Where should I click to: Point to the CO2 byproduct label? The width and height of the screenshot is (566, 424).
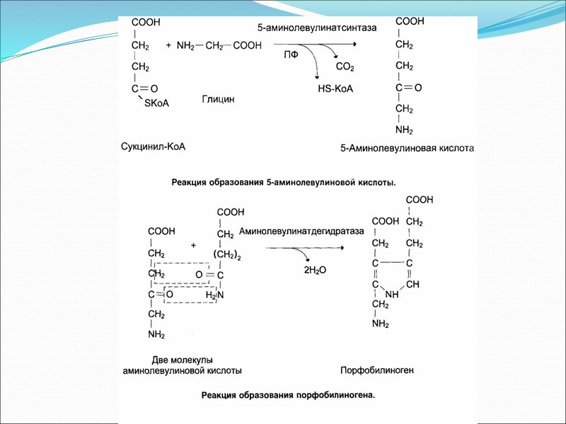(x=345, y=68)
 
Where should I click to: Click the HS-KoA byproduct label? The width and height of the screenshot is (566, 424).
(x=335, y=89)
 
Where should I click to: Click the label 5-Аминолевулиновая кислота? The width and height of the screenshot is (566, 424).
(x=406, y=149)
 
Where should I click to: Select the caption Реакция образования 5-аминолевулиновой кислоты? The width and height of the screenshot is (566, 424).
(x=284, y=182)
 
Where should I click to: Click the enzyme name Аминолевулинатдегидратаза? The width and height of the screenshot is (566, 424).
(x=301, y=231)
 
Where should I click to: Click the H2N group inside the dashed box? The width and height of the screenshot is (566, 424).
(x=214, y=295)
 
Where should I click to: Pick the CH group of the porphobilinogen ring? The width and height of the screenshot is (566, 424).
(x=414, y=283)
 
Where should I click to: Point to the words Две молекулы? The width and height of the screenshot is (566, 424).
(x=183, y=360)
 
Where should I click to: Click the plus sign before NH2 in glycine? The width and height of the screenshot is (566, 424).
(x=168, y=45)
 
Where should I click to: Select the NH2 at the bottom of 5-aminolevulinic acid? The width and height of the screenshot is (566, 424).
(x=404, y=130)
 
